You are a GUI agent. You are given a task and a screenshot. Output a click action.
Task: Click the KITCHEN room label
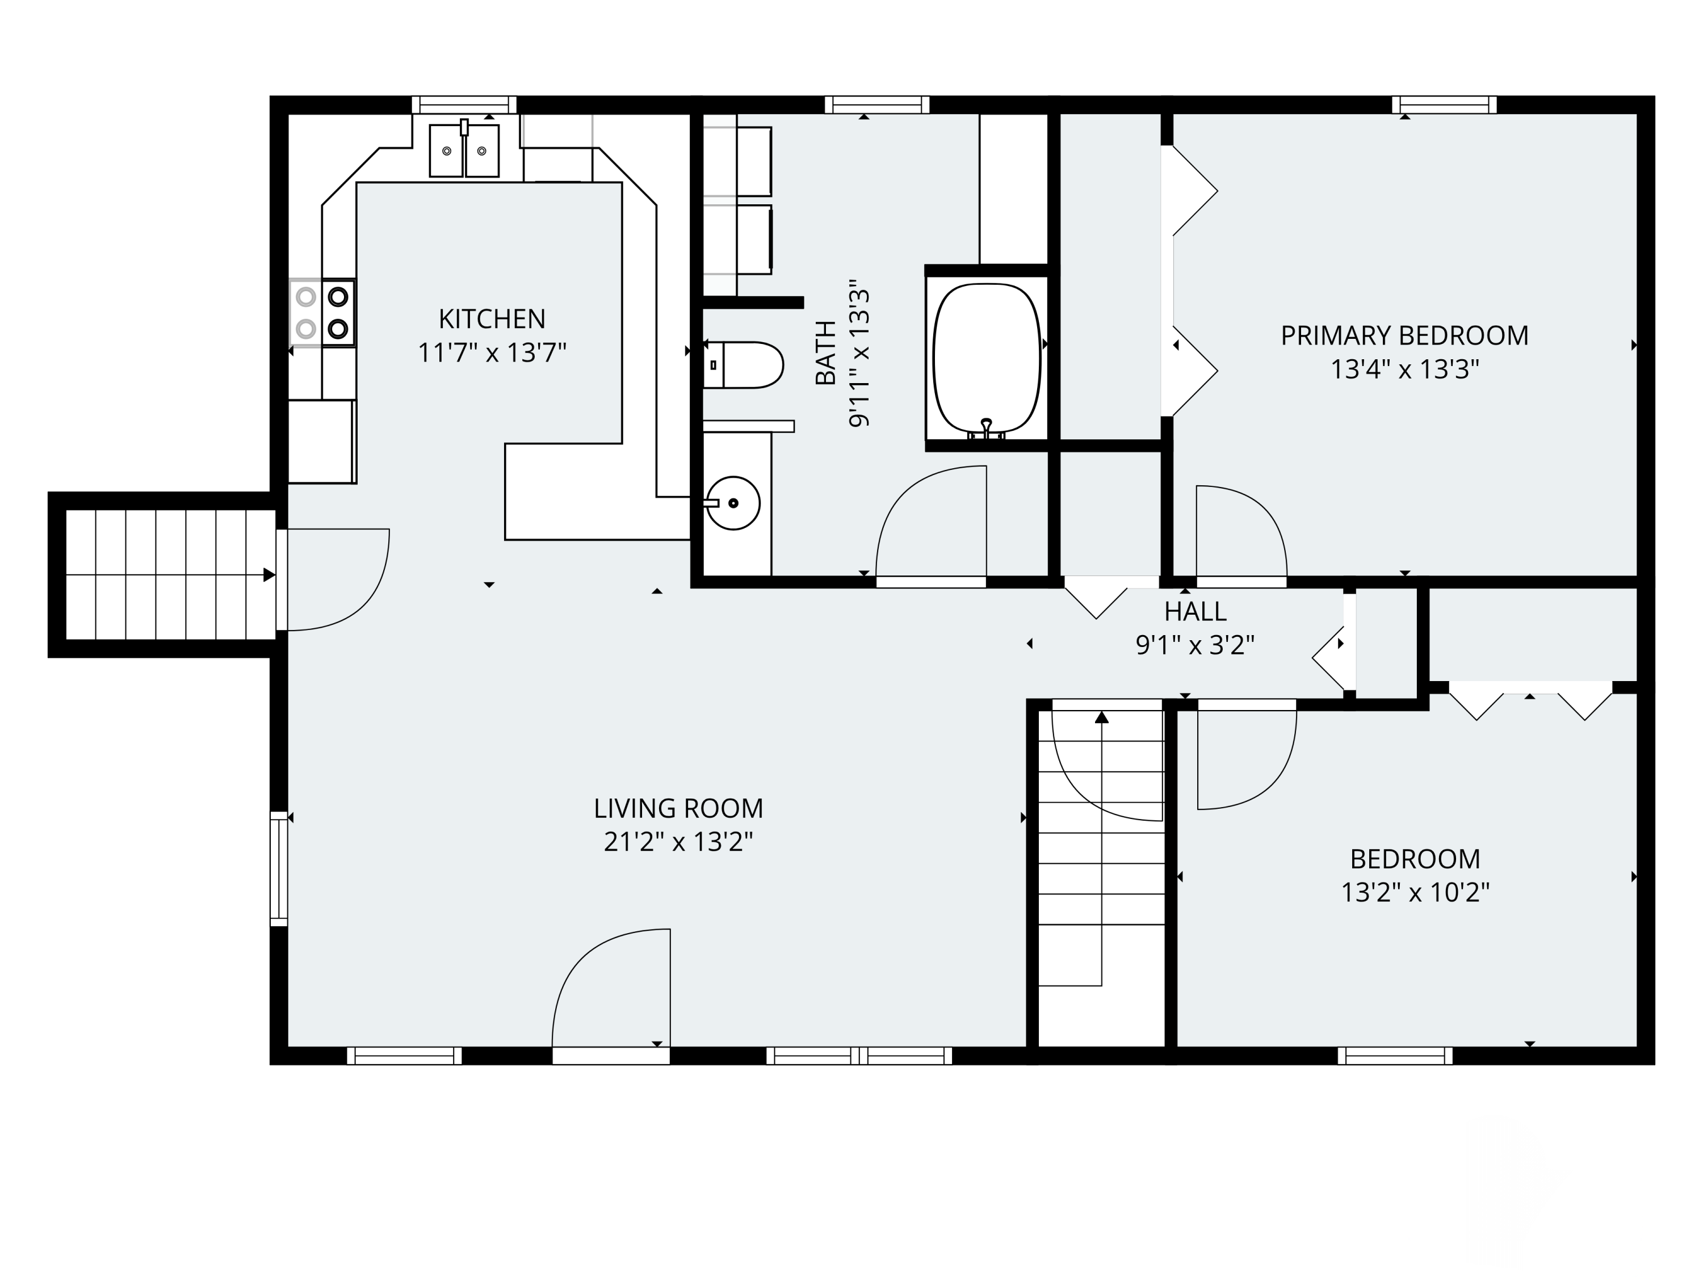[492, 318]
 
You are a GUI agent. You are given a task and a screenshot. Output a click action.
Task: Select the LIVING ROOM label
[678, 808]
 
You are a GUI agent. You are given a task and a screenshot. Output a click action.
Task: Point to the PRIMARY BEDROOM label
[1404, 335]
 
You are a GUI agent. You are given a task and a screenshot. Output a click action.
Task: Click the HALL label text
[1195, 611]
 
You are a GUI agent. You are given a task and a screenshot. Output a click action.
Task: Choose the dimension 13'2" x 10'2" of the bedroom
[1415, 893]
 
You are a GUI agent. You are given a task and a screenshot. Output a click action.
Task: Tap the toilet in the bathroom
[743, 365]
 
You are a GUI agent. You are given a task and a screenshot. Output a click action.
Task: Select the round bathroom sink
[733, 503]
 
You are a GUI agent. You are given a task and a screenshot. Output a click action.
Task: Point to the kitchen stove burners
[322, 313]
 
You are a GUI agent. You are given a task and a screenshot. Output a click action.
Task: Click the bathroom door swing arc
[931, 521]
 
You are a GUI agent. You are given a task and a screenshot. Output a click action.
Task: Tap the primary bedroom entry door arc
[1241, 531]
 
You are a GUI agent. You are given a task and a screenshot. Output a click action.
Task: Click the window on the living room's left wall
[279, 868]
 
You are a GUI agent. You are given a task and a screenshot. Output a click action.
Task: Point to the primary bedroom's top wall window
[1444, 104]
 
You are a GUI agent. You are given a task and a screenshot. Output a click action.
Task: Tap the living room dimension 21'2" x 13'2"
[678, 842]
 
